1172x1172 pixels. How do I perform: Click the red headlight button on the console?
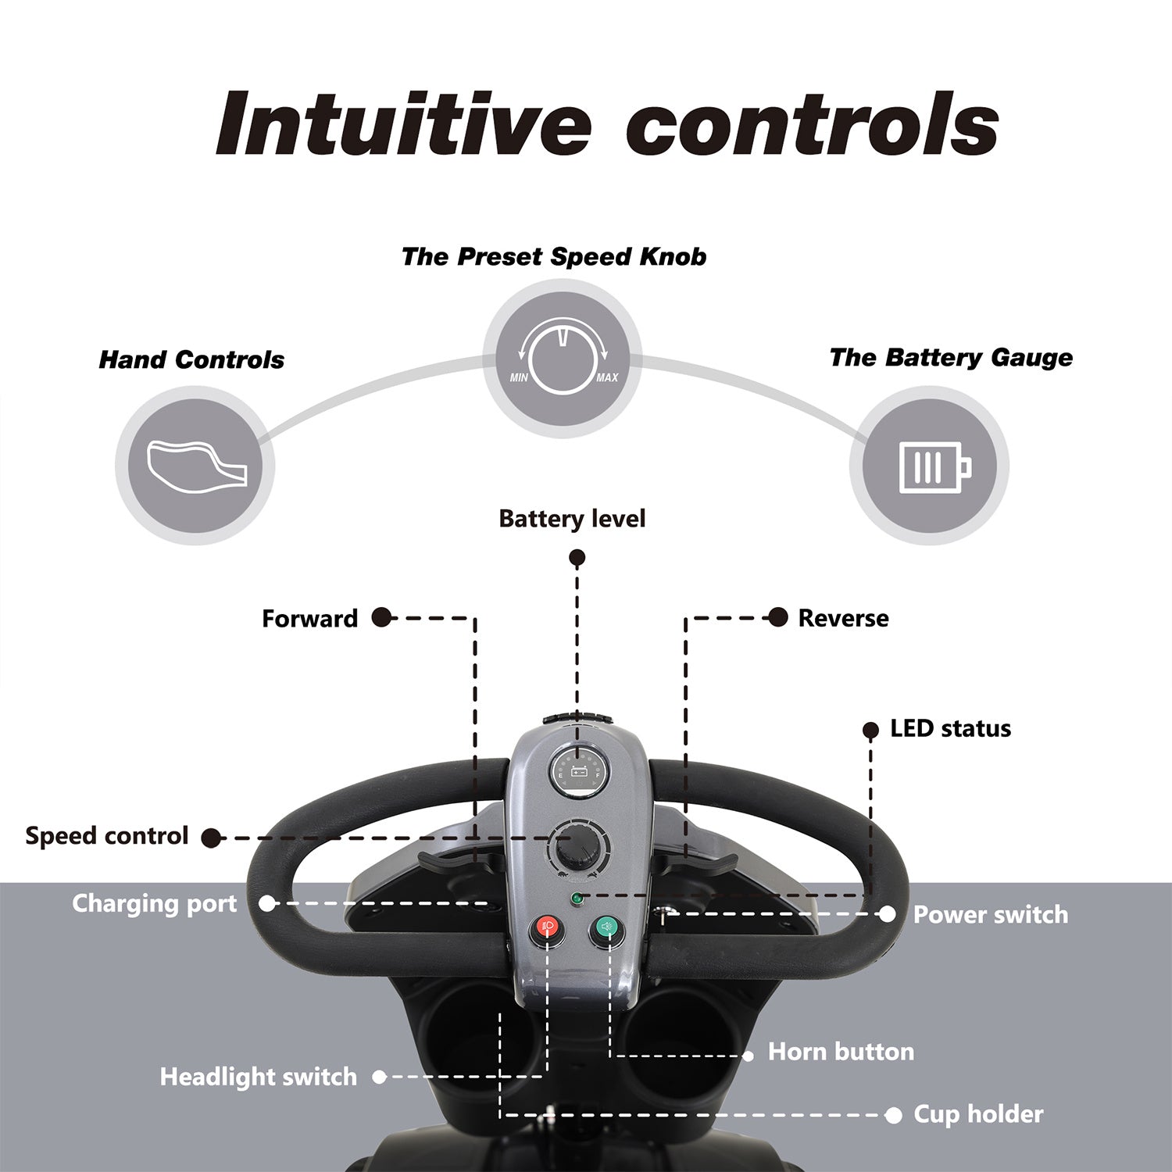coord(546,929)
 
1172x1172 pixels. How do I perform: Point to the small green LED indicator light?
coord(577,899)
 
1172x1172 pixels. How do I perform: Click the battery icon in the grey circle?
coord(930,466)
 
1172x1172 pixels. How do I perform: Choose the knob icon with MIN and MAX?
coord(563,359)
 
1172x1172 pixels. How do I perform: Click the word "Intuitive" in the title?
coord(403,125)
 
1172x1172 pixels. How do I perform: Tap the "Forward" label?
coord(309,619)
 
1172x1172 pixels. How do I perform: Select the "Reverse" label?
coord(843,619)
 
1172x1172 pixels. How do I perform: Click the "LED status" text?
coord(950,729)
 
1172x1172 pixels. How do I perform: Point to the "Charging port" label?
coord(154,904)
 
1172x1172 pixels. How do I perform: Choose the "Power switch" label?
coord(990,915)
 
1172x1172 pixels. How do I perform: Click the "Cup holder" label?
coord(978,1114)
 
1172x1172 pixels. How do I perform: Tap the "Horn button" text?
coord(841,1052)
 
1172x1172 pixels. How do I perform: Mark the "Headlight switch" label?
coord(258,1077)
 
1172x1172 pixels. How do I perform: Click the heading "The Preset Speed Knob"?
coord(553,257)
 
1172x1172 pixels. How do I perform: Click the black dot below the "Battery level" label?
coord(577,558)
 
